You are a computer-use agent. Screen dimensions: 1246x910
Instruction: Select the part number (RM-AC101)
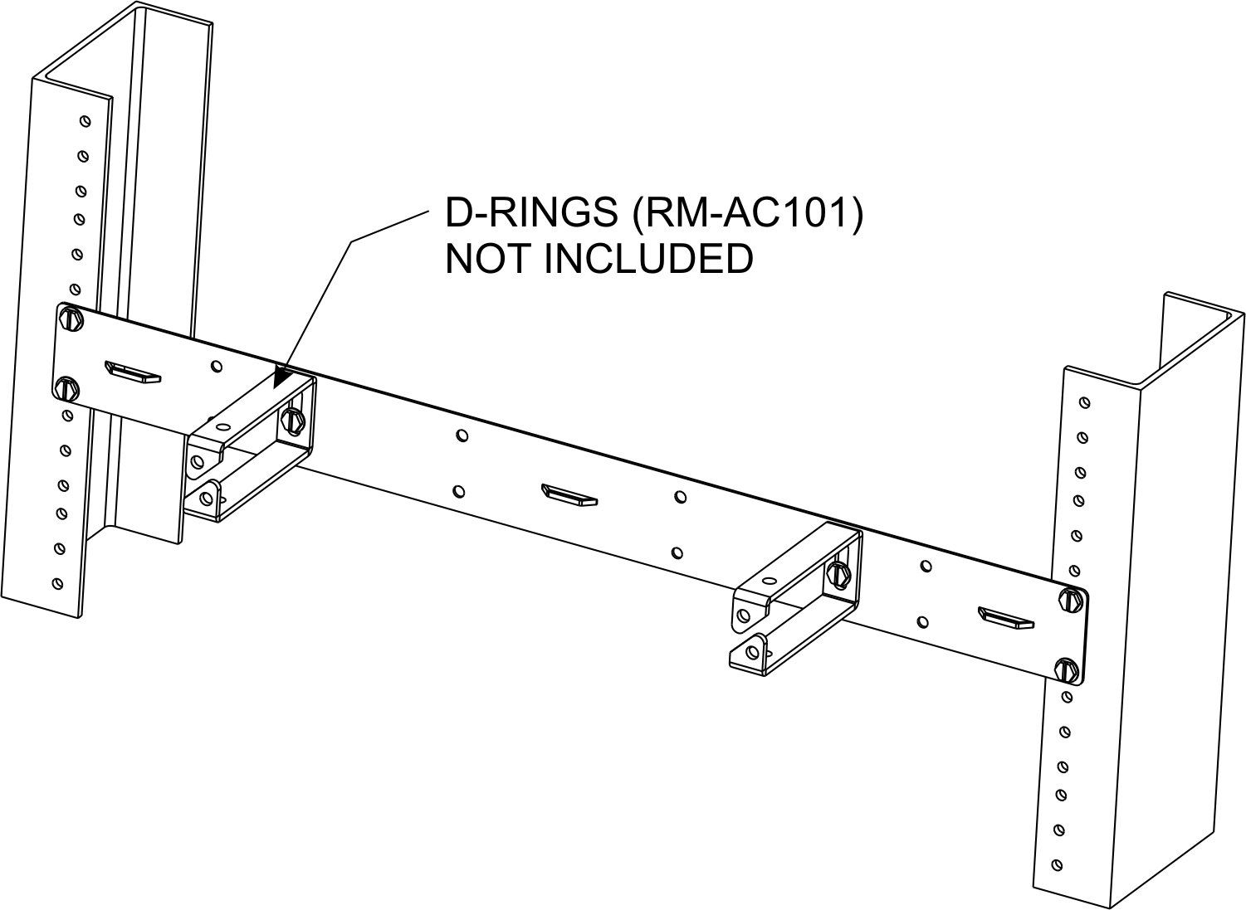(x=747, y=213)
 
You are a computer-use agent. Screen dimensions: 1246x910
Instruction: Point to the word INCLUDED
(x=648, y=258)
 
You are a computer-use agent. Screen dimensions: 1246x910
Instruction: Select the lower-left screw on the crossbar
(x=68, y=388)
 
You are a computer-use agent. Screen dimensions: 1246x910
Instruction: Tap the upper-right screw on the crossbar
(x=1070, y=599)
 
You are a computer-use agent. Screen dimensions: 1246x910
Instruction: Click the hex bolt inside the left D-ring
(x=292, y=418)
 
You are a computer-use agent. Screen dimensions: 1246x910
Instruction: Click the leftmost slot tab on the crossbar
(x=132, y=372)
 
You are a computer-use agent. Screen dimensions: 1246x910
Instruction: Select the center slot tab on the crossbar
(x=569, y=494)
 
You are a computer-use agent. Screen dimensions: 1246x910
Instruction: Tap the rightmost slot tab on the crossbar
(x=1006, y=618)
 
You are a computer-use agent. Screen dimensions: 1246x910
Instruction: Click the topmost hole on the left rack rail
(x=86, y=121)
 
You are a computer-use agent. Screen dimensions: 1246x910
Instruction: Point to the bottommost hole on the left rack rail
(x=57, y=584)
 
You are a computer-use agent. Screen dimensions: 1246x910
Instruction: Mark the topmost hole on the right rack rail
(x=1084, y=402)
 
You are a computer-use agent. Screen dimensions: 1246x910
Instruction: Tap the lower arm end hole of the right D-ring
(x=753, y=652)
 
